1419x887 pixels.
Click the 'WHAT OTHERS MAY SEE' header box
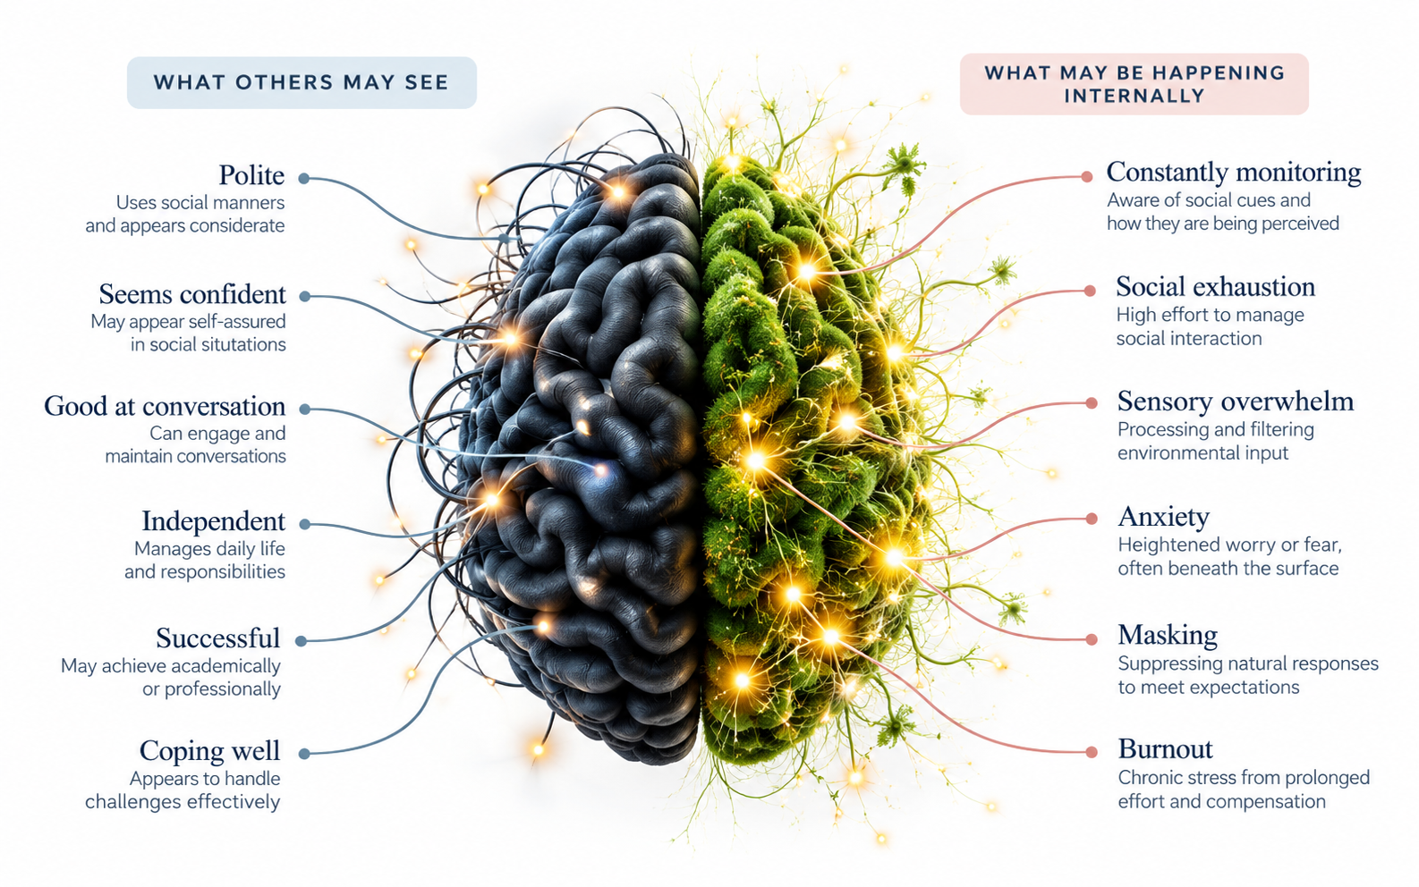[x=302, y=82]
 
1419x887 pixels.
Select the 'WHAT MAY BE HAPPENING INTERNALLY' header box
[x=1134, y=84]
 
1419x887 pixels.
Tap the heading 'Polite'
[x=251, y=175]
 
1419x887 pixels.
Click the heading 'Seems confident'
[x=192, y=294]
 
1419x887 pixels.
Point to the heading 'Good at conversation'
[x=165, y=407]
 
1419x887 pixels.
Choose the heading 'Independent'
[x=214, y=521]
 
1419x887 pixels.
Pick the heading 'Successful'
[x=218, y=638]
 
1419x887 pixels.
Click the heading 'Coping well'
[x=209, y=751]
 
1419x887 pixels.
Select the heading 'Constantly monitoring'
[x=1234, y=173]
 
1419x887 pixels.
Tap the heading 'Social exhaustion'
[x=1216, y=287]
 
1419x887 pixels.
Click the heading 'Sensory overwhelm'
[x=1236, y=401]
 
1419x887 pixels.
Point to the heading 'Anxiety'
[x=1164, y=517]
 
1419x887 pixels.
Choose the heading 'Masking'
[x=1168, y=635]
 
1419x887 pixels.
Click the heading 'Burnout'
[x=1165, y=749]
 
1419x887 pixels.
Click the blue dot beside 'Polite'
[x=304, y=179]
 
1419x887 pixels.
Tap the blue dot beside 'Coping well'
[x=304, y=754]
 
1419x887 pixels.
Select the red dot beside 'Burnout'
[x=1092, y=752]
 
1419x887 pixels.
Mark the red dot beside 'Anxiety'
[x=1092, y=520]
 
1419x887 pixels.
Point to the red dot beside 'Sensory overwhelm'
[x=1092, y=403]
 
